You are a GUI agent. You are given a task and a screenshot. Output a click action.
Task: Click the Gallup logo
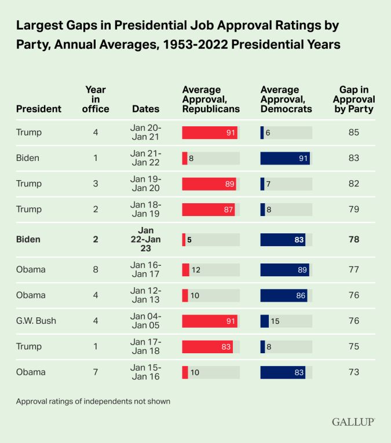[353, 422]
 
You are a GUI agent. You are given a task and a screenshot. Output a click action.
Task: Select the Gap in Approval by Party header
[354, 99]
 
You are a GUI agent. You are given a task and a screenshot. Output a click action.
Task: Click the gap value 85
[354, 133]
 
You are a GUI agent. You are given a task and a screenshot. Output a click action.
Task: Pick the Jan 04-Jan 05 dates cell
[146, 320]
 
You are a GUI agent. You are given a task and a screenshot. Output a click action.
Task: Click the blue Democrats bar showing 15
[265, 321]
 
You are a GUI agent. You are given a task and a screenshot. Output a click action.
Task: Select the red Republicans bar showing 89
[209, 184]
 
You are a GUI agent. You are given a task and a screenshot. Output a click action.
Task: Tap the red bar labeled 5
[184, 240]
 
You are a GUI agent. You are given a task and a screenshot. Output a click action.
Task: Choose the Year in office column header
[96, 99]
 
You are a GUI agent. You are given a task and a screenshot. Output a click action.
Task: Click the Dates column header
[146, 109]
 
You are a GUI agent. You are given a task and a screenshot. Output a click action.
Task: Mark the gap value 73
[354, 372]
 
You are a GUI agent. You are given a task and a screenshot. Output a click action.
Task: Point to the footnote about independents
[93, 401]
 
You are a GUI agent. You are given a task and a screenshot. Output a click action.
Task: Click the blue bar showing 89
[284, 269]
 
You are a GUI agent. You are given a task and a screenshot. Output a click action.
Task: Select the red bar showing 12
[185, 269]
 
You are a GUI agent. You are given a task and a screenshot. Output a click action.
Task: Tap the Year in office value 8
[96, 269]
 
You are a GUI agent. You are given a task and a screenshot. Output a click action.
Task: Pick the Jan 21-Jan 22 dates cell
[146, 158]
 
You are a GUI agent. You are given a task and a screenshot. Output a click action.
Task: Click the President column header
[39, 109]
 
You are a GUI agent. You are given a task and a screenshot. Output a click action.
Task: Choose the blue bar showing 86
[283, 295]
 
